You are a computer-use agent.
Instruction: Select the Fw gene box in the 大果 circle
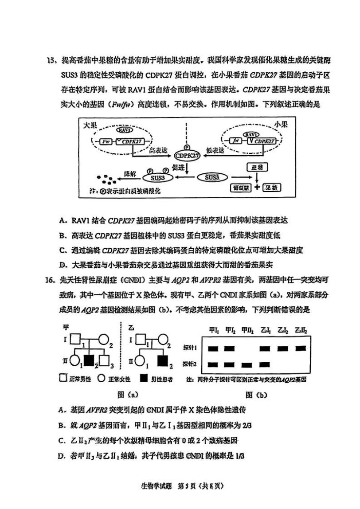[105, 141]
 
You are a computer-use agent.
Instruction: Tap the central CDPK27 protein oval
[187, 156]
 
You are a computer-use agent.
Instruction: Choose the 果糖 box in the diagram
[271, 188]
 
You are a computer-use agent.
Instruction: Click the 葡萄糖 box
[241, 188]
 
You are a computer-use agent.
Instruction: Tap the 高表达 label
[159, 150]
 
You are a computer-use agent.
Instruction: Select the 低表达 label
[215, 150]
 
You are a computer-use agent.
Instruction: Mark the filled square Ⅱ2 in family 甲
[90, 361]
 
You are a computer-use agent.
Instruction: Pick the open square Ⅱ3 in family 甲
[106, 361]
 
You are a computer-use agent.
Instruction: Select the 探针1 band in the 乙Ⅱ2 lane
[301, 348]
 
